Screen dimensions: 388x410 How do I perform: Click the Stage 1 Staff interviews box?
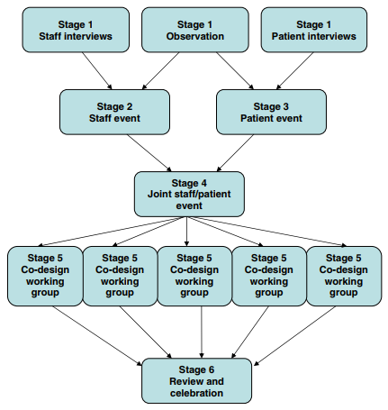(x=76, y=30)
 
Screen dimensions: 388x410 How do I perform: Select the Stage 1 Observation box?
(x=195, y=30)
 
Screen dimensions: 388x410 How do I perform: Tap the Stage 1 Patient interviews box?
(x=314, y=30)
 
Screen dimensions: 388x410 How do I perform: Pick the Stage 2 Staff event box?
(x=114, y=112)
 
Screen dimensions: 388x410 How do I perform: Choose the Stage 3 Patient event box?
(x=271, y=112)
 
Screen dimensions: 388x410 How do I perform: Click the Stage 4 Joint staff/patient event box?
(x=189, y=194)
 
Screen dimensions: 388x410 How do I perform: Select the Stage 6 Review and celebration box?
(x=196, y=380)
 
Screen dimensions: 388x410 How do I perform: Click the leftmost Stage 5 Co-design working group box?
(x=45, y=276)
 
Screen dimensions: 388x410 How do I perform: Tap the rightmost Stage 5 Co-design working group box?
(x=344, y=276)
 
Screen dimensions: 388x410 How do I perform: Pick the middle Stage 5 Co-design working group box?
(x=194, y=276)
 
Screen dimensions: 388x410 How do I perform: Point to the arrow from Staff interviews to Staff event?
(x=97, y=71)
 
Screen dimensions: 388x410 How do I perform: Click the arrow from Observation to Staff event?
(x=160, y=71)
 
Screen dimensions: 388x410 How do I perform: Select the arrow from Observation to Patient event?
(x=235, y=71)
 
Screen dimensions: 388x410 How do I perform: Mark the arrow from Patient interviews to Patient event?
(x=294, y=71)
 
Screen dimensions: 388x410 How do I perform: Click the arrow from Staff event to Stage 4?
(x=149, y=153)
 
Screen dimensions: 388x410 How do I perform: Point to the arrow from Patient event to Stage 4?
(x=235, y=153)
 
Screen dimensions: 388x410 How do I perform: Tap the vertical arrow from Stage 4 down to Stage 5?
(x=186, y=232)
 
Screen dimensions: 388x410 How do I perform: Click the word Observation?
(x=195, y=36)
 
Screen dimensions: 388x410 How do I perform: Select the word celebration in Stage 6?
(x=196, y=393)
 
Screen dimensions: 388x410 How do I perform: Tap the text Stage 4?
(x=189, y=183)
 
